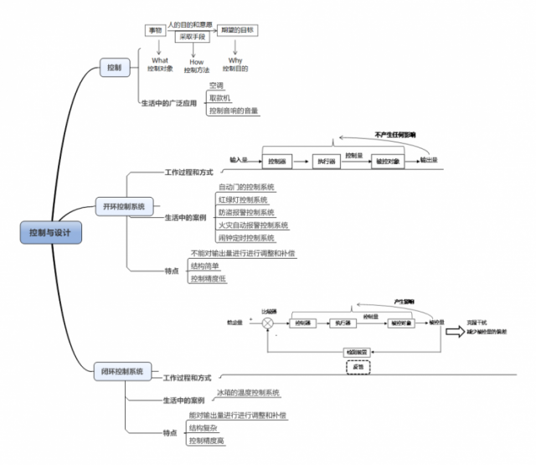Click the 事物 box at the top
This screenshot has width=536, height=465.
154,31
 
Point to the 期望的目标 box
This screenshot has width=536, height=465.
237,31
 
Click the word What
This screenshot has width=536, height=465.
160,59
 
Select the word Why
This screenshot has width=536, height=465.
237,59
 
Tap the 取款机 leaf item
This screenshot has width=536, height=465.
220,97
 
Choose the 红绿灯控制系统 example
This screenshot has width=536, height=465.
243,200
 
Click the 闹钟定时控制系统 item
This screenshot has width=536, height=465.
246,238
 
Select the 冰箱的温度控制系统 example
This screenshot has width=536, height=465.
249,392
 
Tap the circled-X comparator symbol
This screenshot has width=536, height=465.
267,323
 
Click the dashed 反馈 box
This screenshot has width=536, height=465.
358,366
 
